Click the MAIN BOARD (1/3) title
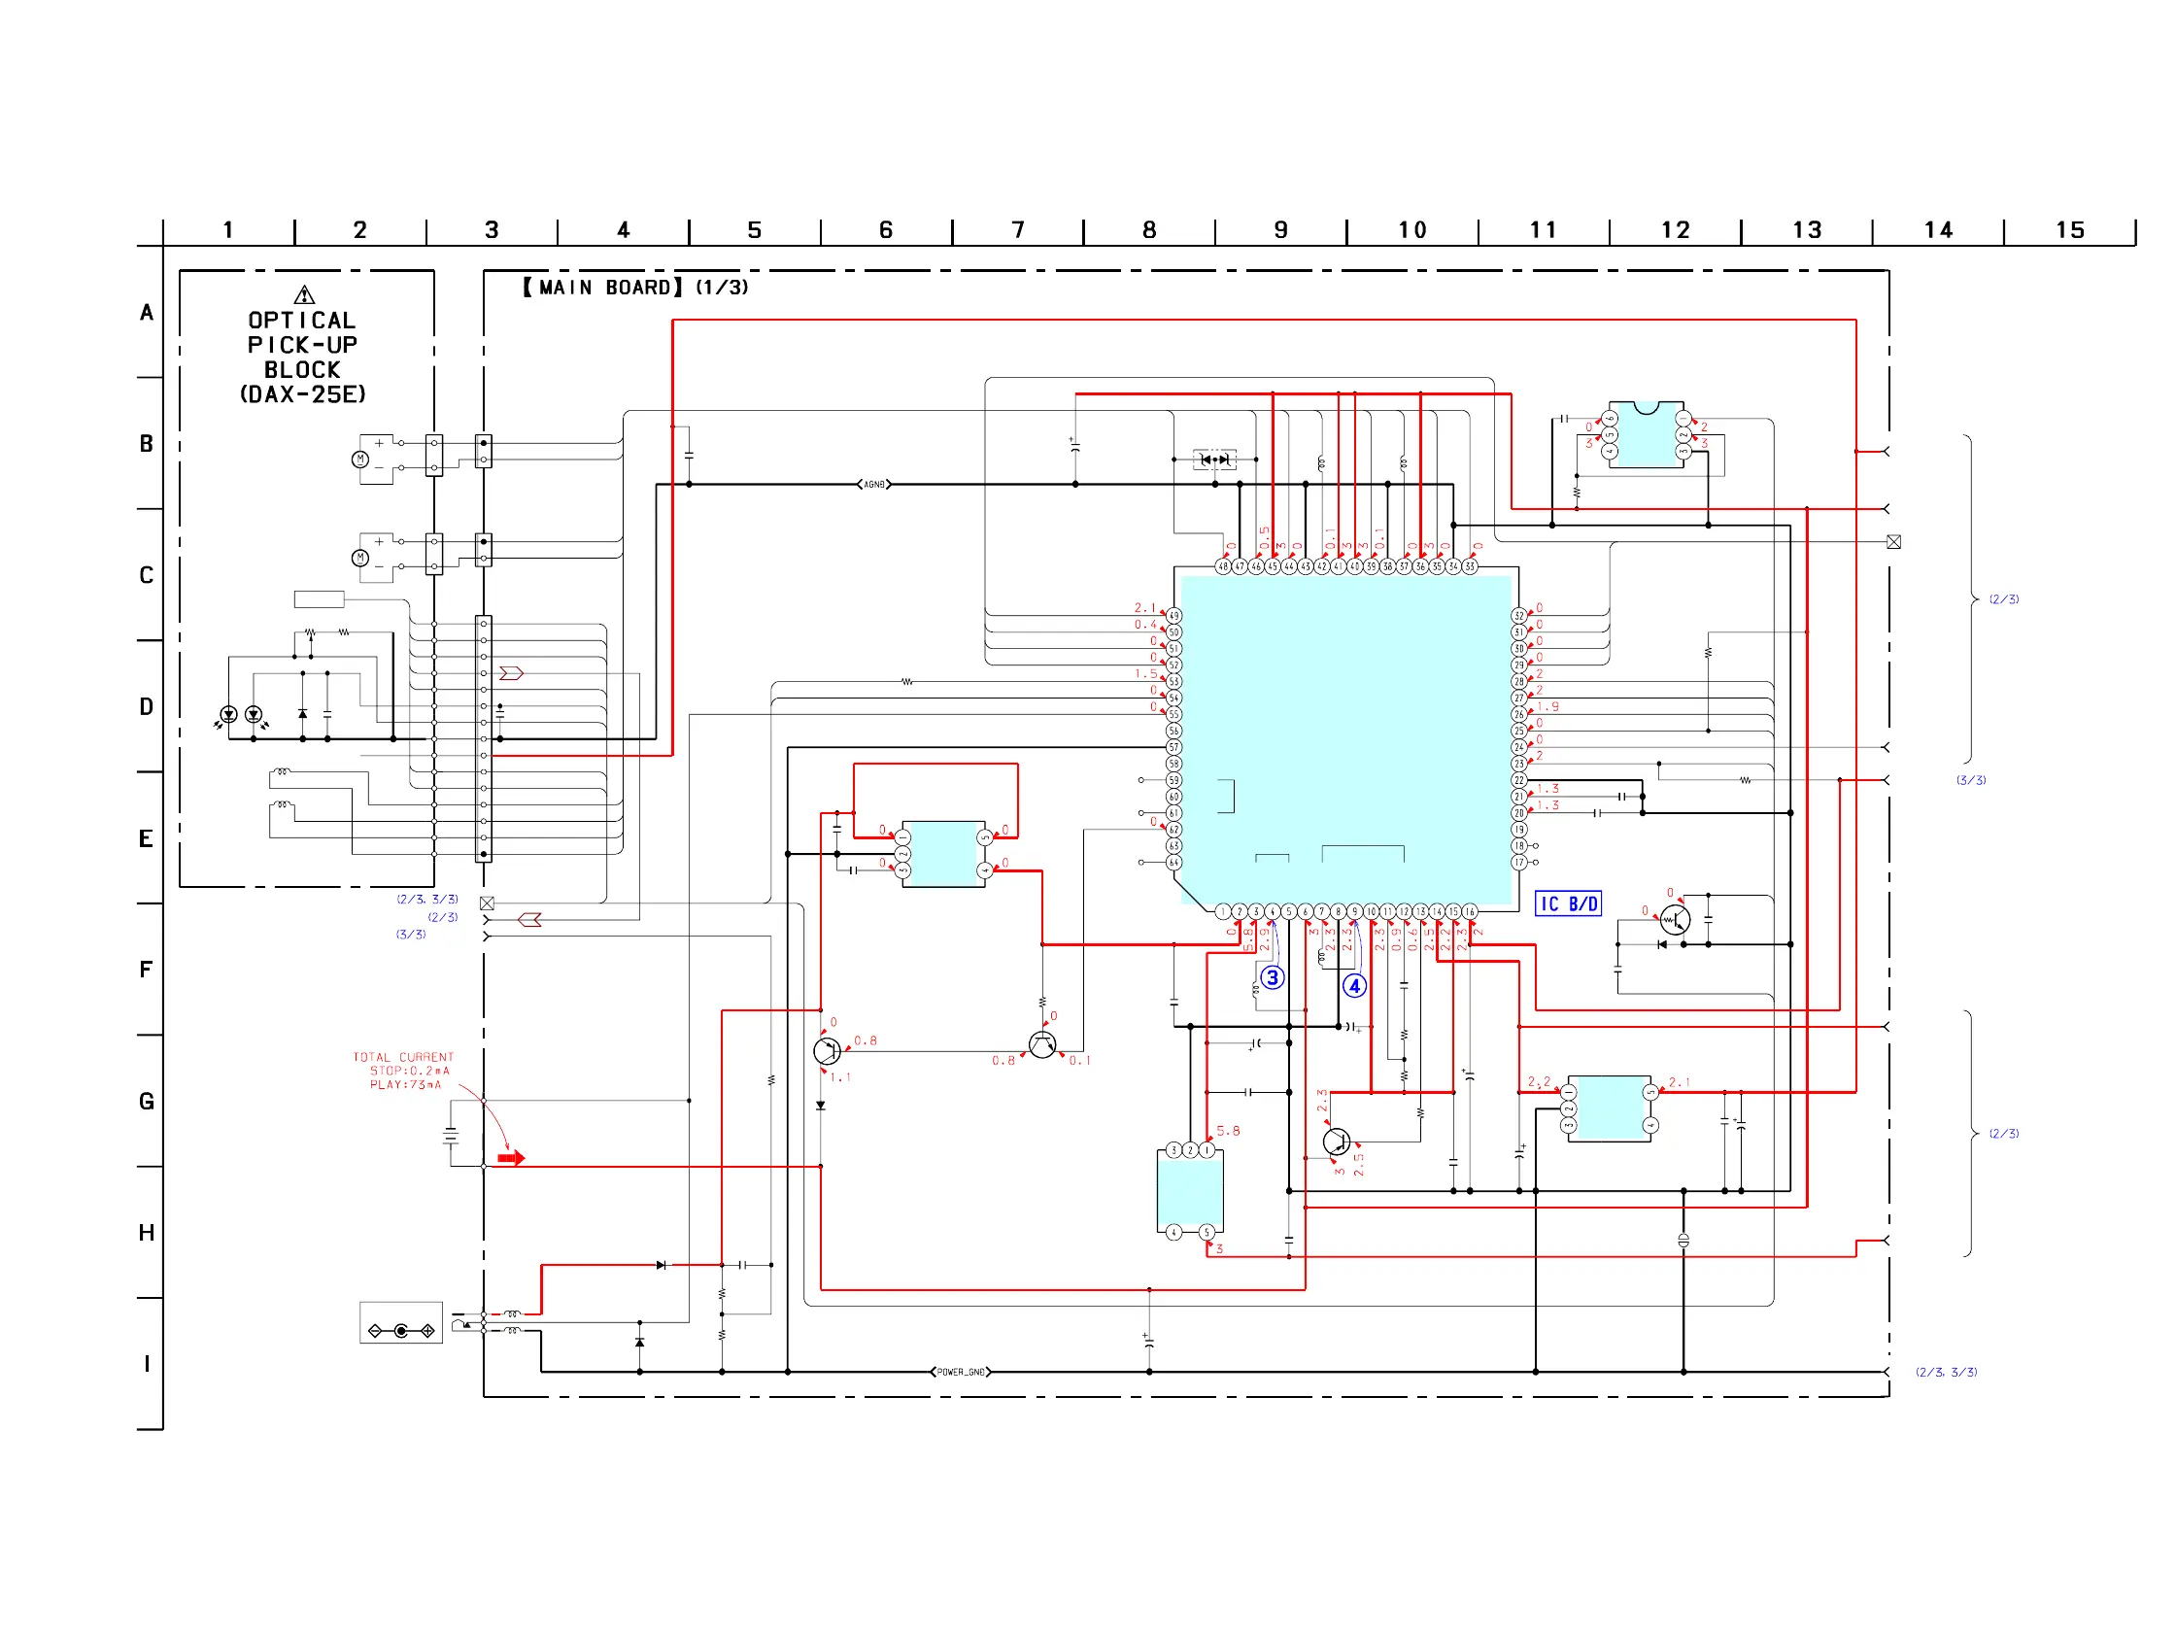click(634, 288)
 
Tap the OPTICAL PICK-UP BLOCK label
click(302, 358)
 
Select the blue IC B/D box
click(1568, 904)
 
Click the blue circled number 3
click(1272, 978)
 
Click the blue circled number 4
click(1354, 986)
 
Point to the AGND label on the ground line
click(873, 485)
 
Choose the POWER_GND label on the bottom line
click(960, 1373)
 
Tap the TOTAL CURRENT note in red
click(403, 1072)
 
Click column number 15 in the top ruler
click(2070, 230)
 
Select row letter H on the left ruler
click(147, 1234)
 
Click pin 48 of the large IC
click(1223, 566)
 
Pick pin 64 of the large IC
click(1173, 863)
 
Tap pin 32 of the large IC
click(1519, 616)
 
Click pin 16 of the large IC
click(1470, 912)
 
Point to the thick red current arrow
click(512, 1159)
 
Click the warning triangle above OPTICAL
click(304, 295)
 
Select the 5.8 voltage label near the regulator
click(1228, 1132)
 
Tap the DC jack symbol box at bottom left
click(400, 1323)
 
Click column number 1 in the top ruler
click(228, 230)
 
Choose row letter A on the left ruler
click(147, 313)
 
